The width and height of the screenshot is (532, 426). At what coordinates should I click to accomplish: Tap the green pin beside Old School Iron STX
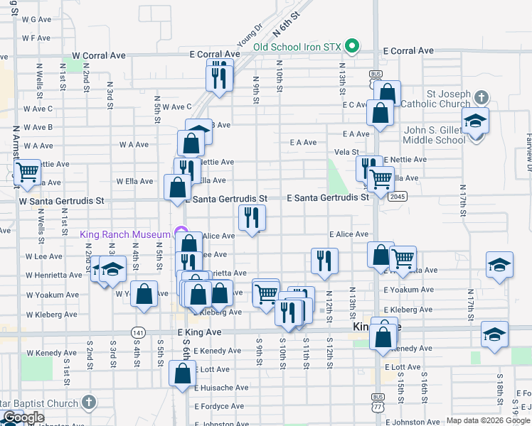[x=351, y=47]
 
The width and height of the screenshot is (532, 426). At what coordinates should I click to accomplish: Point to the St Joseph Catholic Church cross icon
[x=482, y=98]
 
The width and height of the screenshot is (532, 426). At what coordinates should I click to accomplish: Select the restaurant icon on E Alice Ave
[x=251, y=218]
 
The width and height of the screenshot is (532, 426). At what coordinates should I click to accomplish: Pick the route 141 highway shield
[x=138, y=332]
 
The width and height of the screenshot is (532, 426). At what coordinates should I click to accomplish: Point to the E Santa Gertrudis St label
[x=328, y=197]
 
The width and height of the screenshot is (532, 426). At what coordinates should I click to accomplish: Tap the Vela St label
[x=346, y=152]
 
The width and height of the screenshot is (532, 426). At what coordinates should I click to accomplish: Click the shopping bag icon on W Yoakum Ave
[x=144, y=295]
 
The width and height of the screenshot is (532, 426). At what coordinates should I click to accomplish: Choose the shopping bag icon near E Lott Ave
[x=182, y=372]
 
